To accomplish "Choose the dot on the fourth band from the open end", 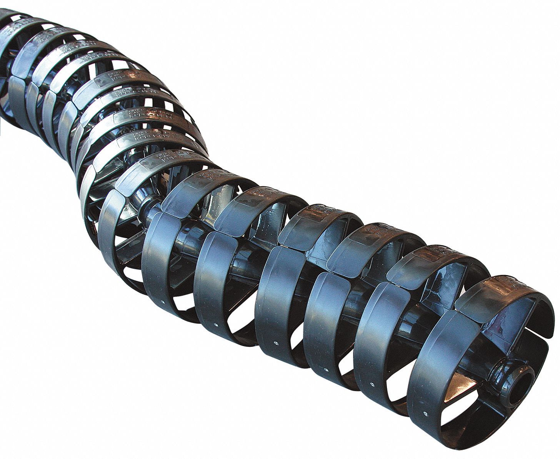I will point(276,342).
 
